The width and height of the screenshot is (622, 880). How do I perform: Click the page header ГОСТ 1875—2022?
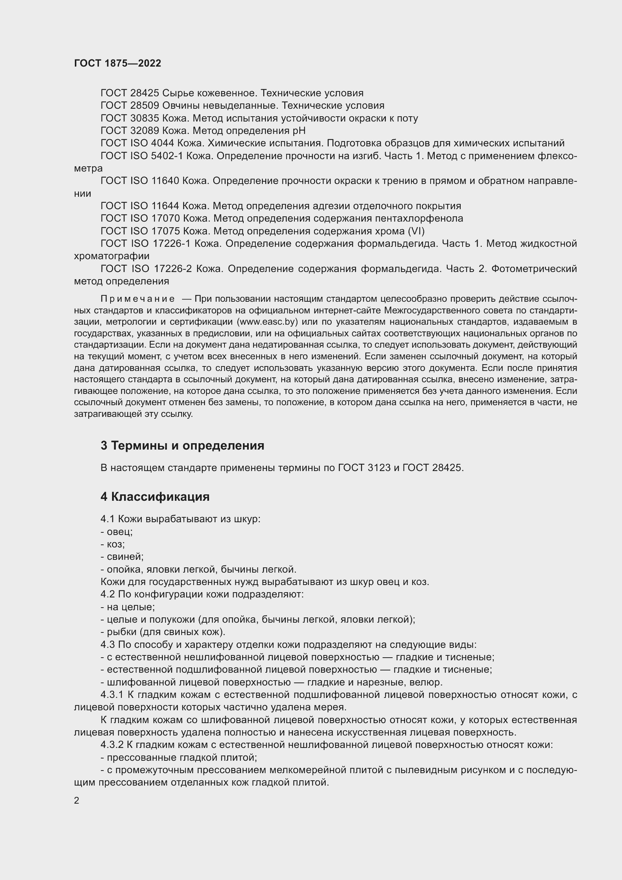(x=118, y=64)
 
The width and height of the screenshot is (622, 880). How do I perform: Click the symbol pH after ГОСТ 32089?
(x=299, y=131)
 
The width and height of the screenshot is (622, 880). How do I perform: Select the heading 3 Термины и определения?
(x=182, y=446)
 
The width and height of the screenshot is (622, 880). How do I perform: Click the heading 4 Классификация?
(x=155, y=497)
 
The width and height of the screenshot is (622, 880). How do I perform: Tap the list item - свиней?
(x=122, y=556)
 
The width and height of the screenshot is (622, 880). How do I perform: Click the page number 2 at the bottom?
(x=77, y=801)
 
